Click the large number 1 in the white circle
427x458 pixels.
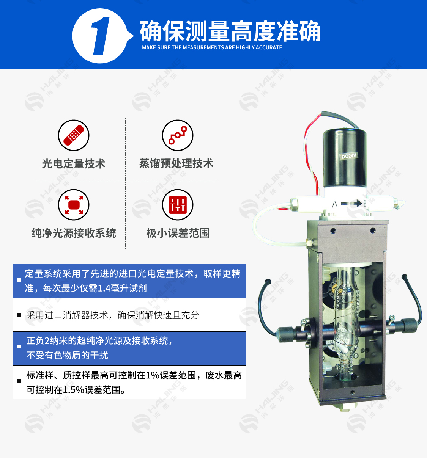click(100, 36)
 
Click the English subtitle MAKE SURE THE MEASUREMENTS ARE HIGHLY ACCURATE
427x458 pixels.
click(212, 47)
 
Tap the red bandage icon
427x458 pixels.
click(74, 135)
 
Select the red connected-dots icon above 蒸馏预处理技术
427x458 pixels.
click(178, 135)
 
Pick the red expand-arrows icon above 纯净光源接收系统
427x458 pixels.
click(74, 205)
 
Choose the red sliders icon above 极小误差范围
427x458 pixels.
click(178, 205)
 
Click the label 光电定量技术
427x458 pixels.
click(74, 163)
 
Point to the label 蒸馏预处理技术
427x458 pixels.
click(176, 163)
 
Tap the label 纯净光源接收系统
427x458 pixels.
click(74, 233)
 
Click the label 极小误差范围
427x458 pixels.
click(178, 233)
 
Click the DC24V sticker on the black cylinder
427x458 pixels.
click(349, 156)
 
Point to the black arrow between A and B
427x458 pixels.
click(351, 203)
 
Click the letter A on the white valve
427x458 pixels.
click(335, 204)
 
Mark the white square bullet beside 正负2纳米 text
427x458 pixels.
click(19, 347)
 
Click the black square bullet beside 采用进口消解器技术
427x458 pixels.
click(19, 315)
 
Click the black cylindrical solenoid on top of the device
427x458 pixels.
click(345, 158)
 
